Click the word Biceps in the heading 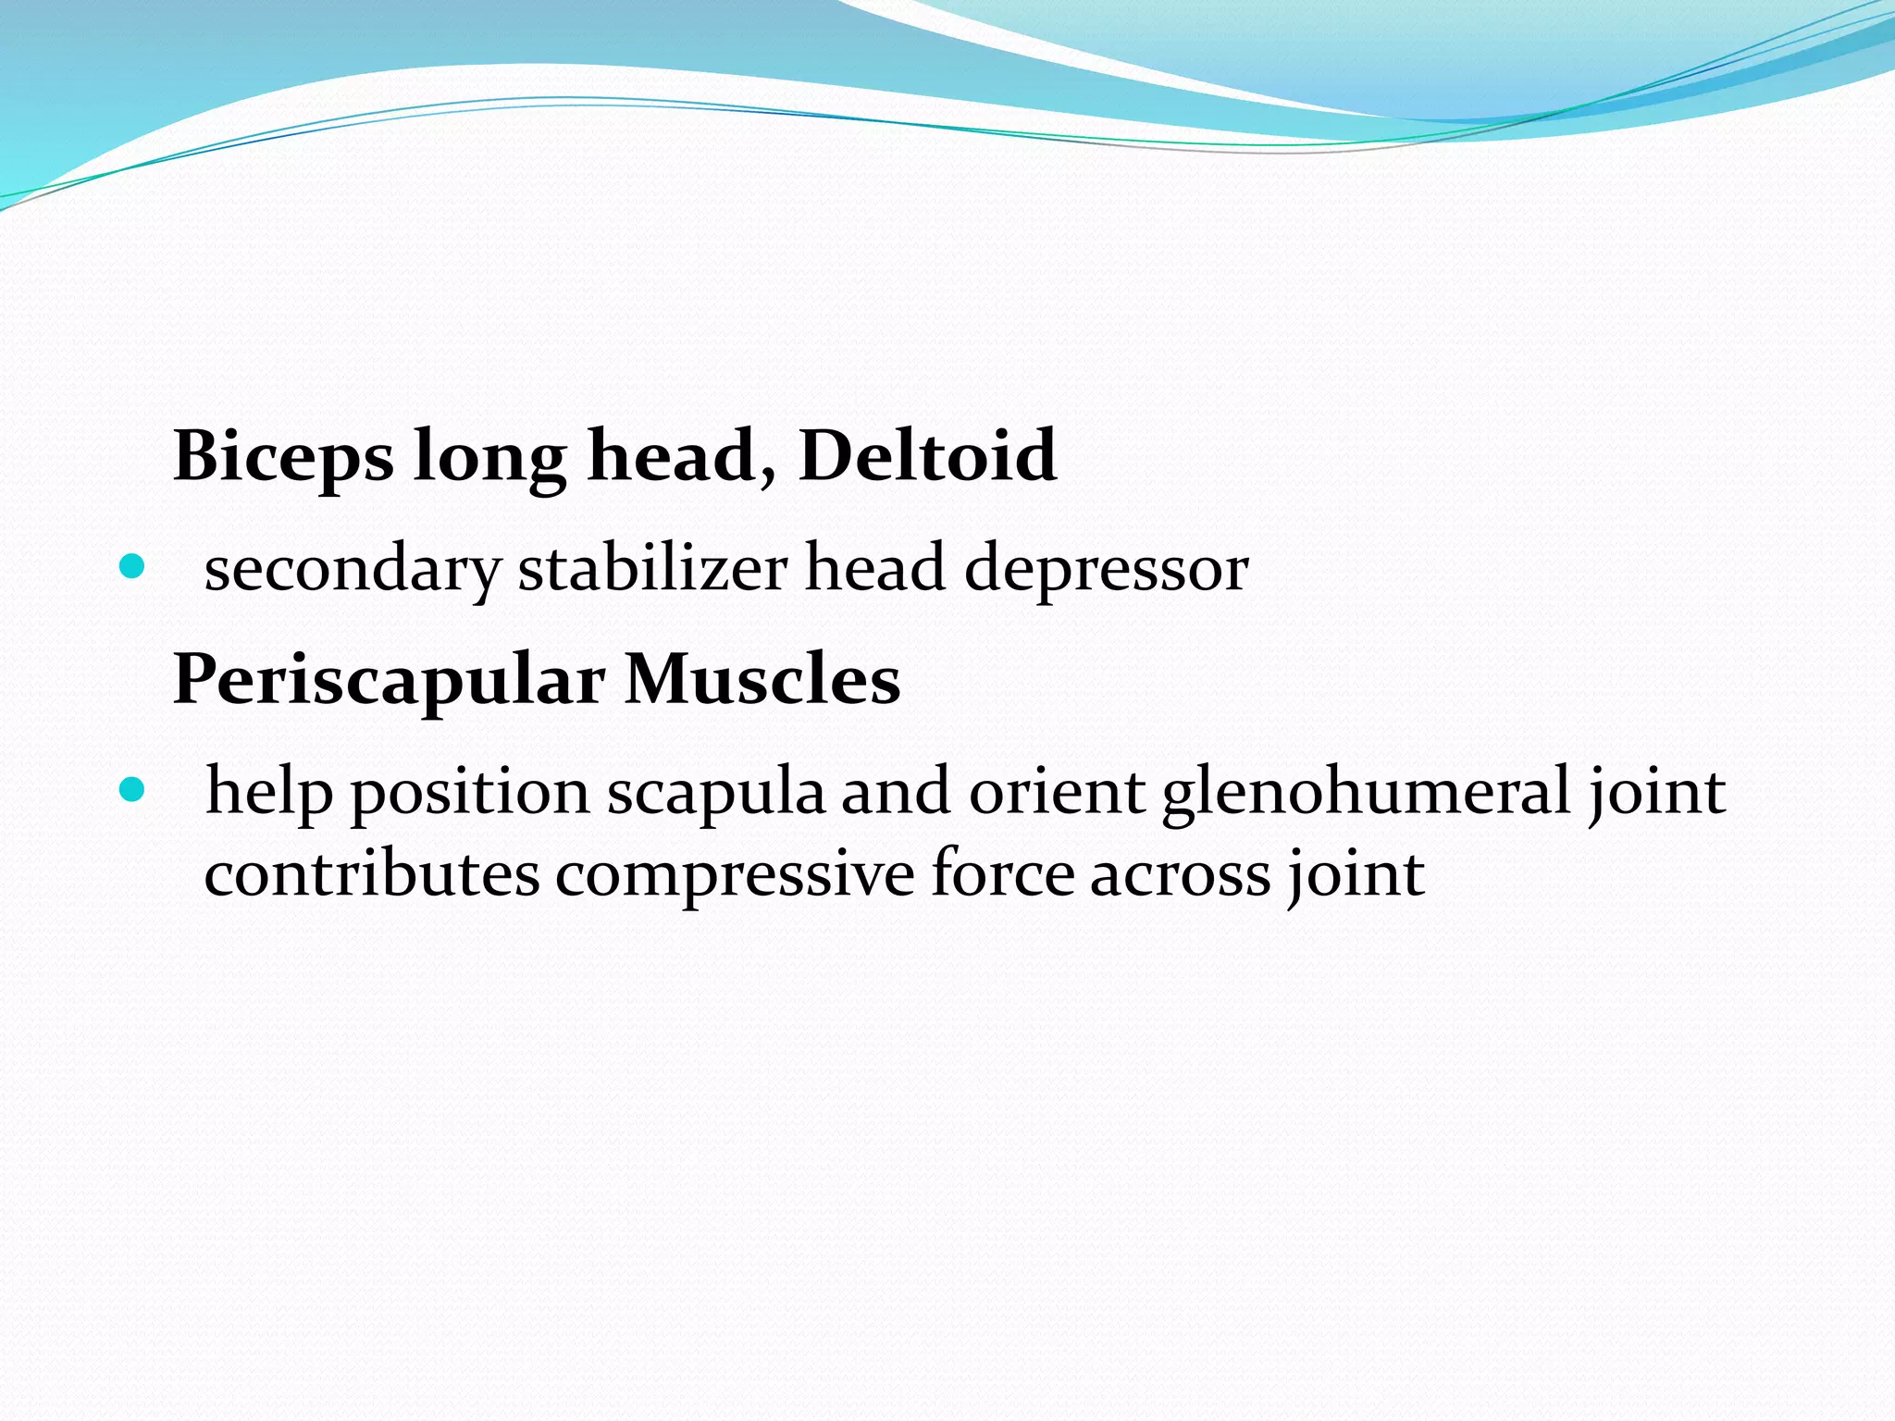(282, 456)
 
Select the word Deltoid (926, 456)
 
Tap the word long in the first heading (489, 456)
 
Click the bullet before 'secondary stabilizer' (133, 566)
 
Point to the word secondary (353, 568)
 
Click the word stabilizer (652, 568)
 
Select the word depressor (1106, 568)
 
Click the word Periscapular (389, 680)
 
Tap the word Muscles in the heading (762, 680)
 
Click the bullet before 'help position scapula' (133, 789)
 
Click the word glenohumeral (1366, 792)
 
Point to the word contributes (371, 874)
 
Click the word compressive (735, 874)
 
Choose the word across (1181, 874)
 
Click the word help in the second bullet (268, 792)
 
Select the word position (470, 792)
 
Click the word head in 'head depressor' (875, 568)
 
